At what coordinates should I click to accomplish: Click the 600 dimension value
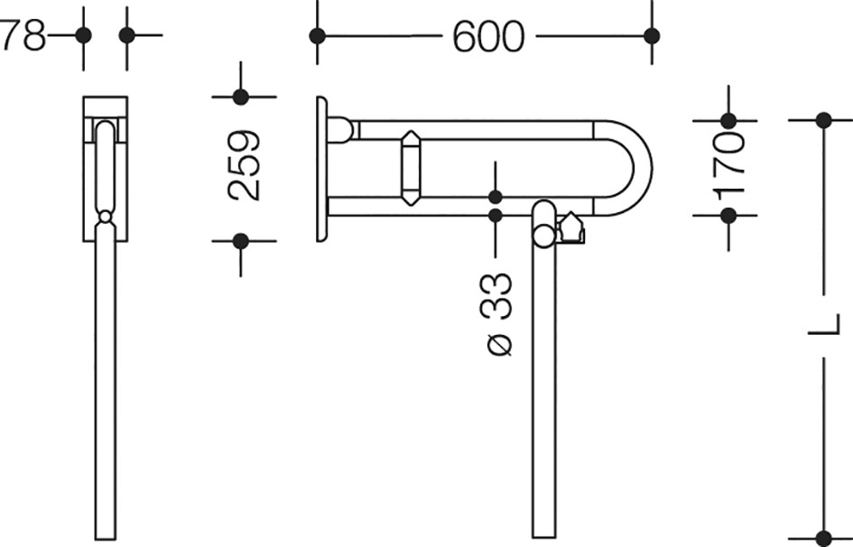pyautogui.click(x=488, y=36)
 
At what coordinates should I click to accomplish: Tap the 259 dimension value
pyautogui.click(x=245, y=165)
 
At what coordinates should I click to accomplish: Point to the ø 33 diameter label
pyautogui.click(x=496, y=314)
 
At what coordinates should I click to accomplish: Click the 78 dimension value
pyautogui.click(x=23, y=35)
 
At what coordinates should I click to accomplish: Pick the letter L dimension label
pyautogui.click(x=823, y=325)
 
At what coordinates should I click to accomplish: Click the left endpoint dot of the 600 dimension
pyautogui.click(x=317, y=36)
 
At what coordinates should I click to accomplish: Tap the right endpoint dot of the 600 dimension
pyautogui.click(x=652, y=36)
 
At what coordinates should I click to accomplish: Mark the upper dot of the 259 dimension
pyautogui.click(x=240, y=97)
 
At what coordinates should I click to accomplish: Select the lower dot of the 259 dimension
pyautogui.click(x=240, y=241)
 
